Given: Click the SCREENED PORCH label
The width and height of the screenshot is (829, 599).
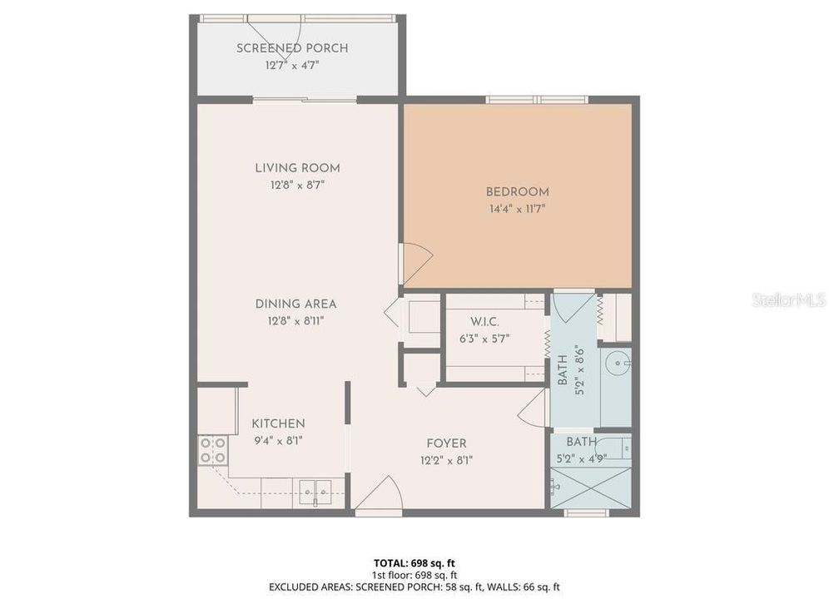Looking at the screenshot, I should point(291,48).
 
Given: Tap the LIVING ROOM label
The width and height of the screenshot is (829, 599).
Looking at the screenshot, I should point(297,168).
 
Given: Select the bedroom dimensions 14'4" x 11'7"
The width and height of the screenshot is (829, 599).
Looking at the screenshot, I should point(517,209).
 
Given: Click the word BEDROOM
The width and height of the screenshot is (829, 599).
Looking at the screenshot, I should point(517,192).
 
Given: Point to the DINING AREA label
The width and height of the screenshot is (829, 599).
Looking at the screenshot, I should point(295,304).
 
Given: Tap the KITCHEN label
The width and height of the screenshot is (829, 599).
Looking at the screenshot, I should point(278,423).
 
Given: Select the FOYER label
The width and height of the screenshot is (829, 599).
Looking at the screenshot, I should point(446,443).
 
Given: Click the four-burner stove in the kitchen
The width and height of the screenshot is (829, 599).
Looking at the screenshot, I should point(213,450).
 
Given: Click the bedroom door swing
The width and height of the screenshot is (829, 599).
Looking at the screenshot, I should point(414,262).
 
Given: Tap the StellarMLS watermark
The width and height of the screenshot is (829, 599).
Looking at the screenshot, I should point(787,299).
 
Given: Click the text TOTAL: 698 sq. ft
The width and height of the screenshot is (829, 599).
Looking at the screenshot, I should point(414,562).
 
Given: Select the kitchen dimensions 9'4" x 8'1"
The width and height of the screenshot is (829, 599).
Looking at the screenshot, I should point(278,441).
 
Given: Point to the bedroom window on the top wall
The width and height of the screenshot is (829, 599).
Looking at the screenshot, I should point(538,100).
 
